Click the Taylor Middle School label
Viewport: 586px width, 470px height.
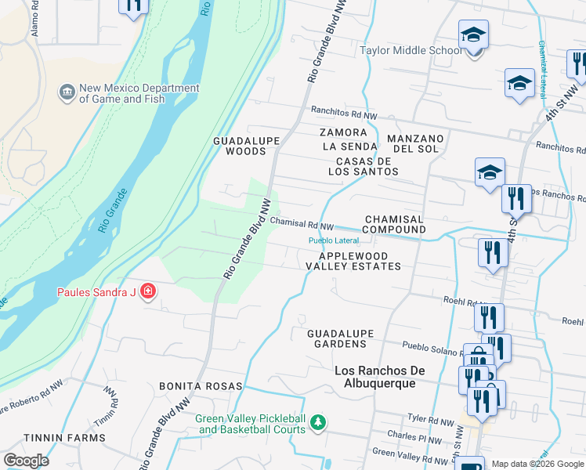[x=411, y=51]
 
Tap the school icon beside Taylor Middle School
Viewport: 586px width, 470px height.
[x=473, y=36]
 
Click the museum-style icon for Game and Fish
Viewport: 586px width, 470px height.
[x=67, y=93]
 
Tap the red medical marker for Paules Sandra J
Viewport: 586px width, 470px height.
[x=148, y=293]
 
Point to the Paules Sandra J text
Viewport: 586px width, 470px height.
[x=96, y=293]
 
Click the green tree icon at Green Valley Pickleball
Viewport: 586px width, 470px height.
[x=317, y=423]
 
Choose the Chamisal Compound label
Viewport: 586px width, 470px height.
[x=395, y=224]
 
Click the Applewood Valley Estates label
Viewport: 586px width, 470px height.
[x=353, y=261]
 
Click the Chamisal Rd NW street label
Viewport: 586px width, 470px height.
[x=302, y=223]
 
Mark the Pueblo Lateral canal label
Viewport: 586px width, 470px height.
[x=334, y=240]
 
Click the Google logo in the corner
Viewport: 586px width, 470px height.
[x=26, y=461]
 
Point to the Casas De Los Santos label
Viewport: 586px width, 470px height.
[x=363, y=165]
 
